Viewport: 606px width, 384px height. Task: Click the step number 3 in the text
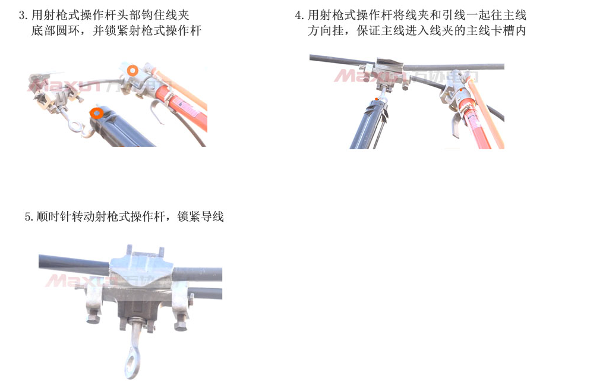coord(22,15)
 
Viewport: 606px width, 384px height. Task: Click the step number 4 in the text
coord(298,15)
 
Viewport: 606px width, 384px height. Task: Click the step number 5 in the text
coord(28,216)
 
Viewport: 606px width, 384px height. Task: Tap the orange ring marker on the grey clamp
coord(132,71)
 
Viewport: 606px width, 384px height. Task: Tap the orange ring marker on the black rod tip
coord(96,113)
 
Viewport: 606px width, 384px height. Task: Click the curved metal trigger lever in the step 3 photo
coord(156,112)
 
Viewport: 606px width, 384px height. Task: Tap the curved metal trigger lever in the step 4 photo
coord(456,124)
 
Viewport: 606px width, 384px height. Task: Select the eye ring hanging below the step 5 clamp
coord(132,361)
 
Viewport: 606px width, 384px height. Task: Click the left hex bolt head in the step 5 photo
coord(93,319)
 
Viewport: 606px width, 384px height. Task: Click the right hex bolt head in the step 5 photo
coord(181,325)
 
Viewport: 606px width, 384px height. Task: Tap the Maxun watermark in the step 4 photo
coord(406,76)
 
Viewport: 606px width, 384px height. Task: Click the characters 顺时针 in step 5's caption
coord(54,216)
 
